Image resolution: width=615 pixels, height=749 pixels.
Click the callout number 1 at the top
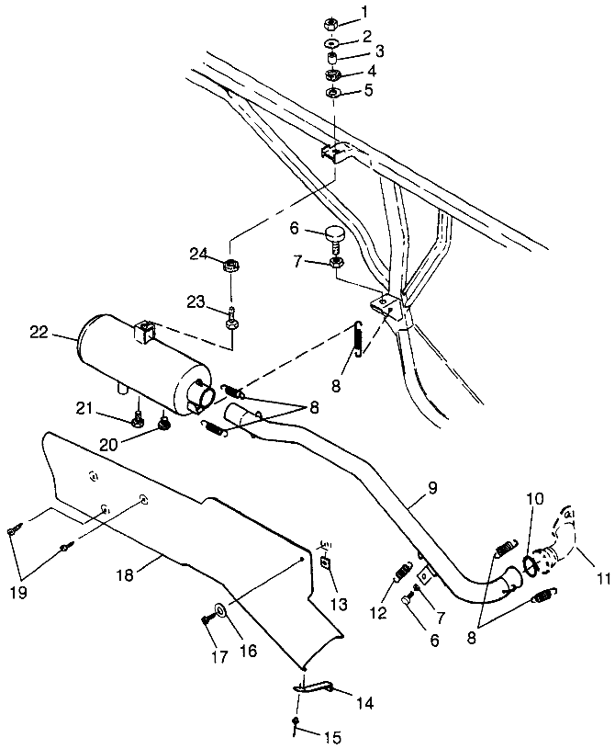pyautogui.click(x=364, y=12)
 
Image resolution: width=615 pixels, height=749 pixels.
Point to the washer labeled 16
pyautogui.click(x=221, y=609)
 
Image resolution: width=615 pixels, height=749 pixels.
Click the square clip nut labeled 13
pyautogui.click(x=324, y=564)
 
